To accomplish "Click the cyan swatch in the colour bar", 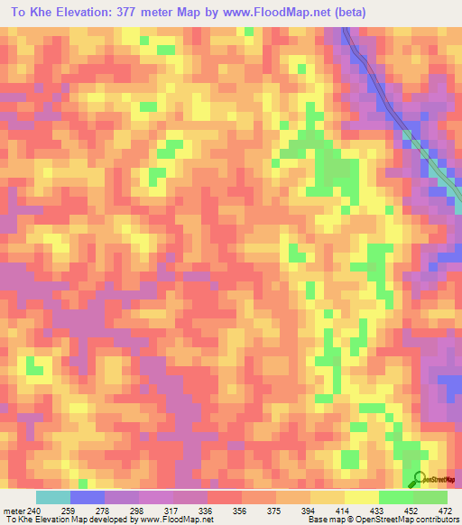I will [53, 496].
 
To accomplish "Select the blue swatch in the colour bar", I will [88, 496].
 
